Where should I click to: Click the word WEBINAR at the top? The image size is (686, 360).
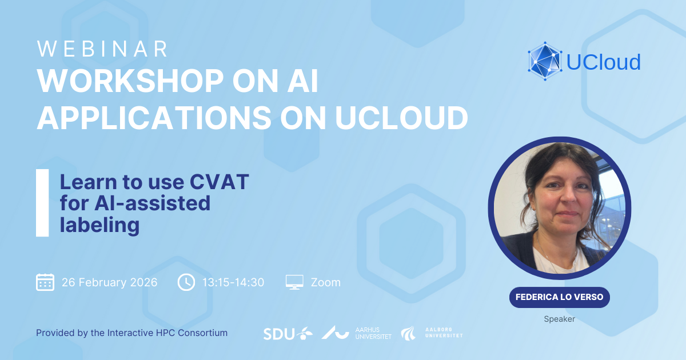102,49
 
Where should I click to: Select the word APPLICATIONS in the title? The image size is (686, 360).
154,118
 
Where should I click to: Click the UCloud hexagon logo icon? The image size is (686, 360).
545,61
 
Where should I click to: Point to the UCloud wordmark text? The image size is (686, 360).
603,62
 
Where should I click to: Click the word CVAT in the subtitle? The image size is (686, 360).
220,182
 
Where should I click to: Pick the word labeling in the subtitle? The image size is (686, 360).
99,225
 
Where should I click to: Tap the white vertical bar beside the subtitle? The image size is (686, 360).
42,203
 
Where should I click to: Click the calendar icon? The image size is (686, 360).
45,282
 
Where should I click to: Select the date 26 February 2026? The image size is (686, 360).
110,282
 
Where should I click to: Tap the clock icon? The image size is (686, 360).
186,282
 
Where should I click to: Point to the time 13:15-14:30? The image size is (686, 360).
233,282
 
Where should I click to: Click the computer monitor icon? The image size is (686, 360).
294,282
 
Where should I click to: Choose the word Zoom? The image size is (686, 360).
326,282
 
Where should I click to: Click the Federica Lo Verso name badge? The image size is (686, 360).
560,297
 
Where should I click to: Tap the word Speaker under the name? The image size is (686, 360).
560,319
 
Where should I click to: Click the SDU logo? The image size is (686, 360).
288,334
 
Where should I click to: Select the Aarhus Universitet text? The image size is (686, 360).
373,333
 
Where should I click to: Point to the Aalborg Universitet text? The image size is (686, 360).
444,333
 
